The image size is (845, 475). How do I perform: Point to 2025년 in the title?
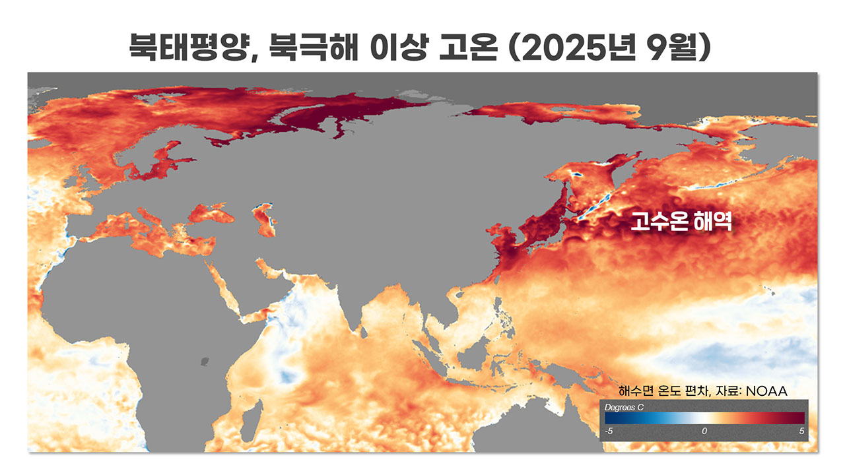click(x=568, y=48)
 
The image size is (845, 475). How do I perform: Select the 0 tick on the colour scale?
click(x=704, y=431)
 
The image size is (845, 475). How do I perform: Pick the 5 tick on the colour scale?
click(x=801, y=431)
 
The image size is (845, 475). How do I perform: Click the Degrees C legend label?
click(x=624, y=407)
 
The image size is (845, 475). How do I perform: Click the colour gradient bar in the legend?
click(x=704, y=418)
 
